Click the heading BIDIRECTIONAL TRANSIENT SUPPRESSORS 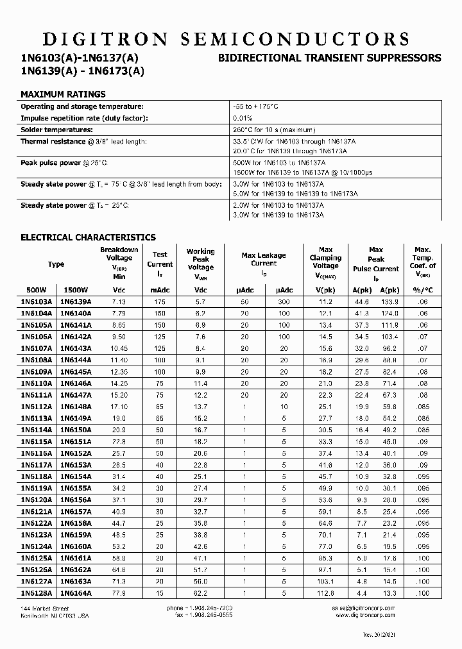click(330, 58)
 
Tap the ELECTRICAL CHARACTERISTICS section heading click(89, 237)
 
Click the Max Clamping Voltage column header click(325, 260)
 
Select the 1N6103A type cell click(37, 301)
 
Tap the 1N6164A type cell click(76, 593)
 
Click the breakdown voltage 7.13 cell click(119, 301)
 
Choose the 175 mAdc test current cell click(160, 301)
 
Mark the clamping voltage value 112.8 click(325, 593)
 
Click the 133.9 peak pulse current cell click(389, 301)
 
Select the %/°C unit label click(421, 290)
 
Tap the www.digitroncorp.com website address click(364, 615)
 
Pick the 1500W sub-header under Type click(76, 290)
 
